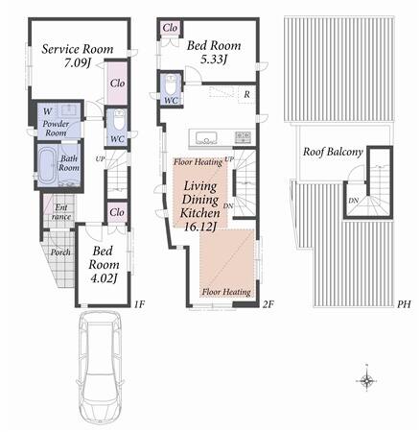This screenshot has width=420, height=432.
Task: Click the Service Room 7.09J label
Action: [x=78, y=56]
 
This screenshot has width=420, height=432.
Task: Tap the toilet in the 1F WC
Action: [x=119, y=119]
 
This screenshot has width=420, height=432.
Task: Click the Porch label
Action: [x=60, y=252]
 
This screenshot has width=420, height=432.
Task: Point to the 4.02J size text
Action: [x=103, y=278]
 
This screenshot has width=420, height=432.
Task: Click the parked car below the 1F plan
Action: [x=101, y=367]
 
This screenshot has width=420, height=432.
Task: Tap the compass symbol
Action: [x=366, y=380]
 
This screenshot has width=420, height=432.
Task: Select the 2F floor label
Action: [x=268, y=304]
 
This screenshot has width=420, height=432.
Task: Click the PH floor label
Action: [x=404, y=304]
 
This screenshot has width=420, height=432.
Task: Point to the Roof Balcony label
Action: [x=333, y=152]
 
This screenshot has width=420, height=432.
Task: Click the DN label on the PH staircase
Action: [x=354, y=201]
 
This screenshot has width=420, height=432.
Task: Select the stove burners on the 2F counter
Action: [x=243, y=137]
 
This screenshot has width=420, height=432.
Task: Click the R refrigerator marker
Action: [x=246, y=94]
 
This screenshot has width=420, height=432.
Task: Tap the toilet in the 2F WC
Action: [x=172, y=83]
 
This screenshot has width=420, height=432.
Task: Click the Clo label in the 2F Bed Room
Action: [x=170, y=28]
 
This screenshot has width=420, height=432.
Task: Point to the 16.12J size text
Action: [x=200, y=227]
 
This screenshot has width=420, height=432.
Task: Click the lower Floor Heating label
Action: [x=226, y=292]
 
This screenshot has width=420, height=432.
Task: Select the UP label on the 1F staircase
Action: [x=100, y=158]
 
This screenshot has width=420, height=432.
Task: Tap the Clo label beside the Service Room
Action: [x=117, y=84]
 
